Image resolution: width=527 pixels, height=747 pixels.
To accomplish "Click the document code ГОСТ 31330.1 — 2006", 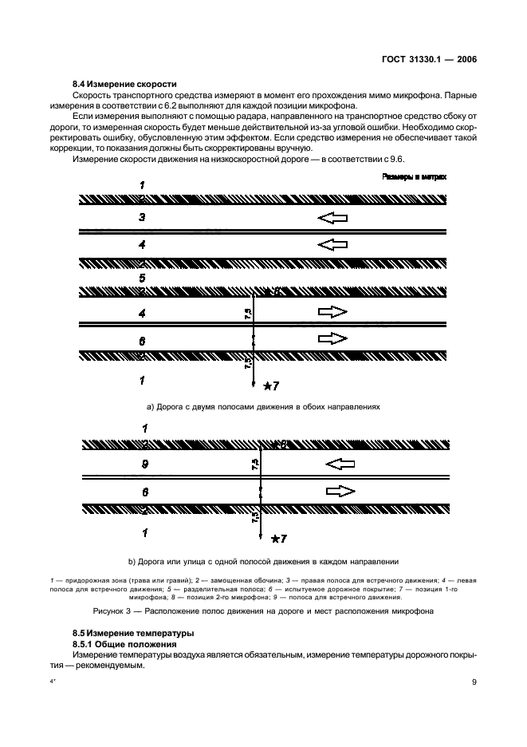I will [430, 59].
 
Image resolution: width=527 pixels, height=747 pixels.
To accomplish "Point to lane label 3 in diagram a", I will [142, 216].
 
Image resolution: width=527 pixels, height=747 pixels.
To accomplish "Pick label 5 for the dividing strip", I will [142, 278].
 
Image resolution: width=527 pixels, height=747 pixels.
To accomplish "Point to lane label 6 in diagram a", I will [142, 341].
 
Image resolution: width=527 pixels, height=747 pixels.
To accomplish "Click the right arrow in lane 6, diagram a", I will [332, 339].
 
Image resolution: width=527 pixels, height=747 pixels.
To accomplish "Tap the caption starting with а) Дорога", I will [263, 406].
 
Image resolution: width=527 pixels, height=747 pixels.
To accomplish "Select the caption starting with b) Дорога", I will [263, 560].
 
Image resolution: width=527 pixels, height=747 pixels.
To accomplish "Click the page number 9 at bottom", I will [474, 682].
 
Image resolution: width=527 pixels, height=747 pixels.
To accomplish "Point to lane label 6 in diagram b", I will [143, 491].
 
